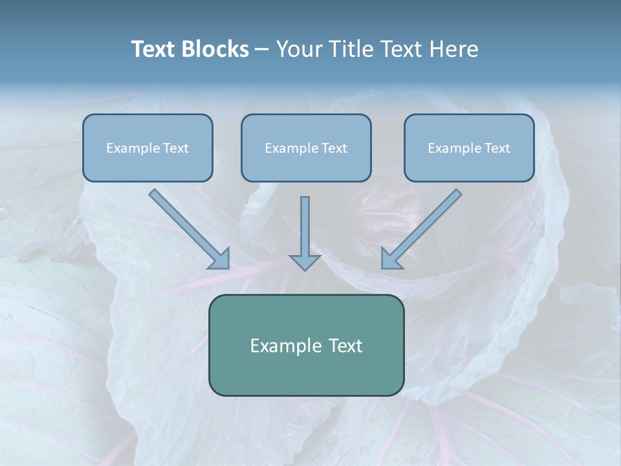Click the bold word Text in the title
point(154,49)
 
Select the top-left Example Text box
point(147,148)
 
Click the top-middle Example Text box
point(306,148)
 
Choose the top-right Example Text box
point(469,148)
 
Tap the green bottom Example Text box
point(306,345)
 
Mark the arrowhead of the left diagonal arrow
point(220,259)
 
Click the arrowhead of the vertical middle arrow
point(305,261)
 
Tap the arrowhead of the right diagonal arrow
point(391,258)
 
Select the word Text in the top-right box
point(497,148)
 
